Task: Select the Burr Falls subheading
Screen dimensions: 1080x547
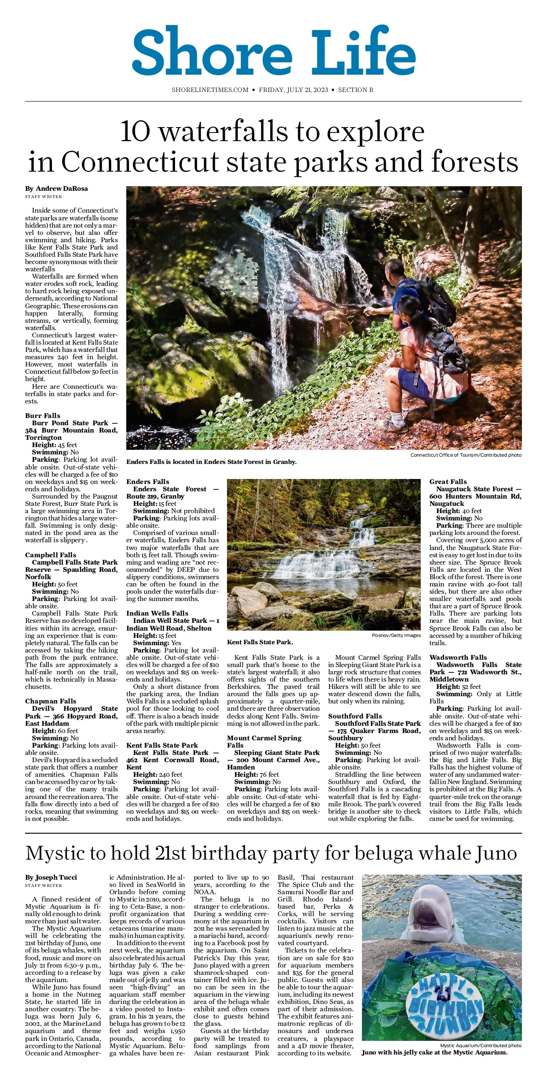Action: (43, 416)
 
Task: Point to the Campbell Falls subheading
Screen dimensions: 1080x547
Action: (51, 555)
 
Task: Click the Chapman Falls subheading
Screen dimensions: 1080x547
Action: (51, 701)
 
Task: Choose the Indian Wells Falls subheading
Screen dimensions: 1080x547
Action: (157, 613)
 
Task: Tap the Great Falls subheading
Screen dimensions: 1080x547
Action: (448, 482)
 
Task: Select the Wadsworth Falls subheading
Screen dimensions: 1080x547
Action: (458, 657)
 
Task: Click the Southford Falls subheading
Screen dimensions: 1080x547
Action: (355, 716)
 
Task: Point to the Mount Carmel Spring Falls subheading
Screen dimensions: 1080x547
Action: (264, 742)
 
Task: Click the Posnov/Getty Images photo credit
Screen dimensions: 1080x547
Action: (396, 635)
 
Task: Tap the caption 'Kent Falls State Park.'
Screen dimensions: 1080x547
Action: (260, 642)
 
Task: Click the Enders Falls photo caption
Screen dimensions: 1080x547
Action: (212, 462)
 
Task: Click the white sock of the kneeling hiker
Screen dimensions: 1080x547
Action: (397, 417)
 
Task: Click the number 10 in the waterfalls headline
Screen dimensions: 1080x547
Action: (135, 132)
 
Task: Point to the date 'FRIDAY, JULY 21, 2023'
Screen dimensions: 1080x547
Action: (294, 90)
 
